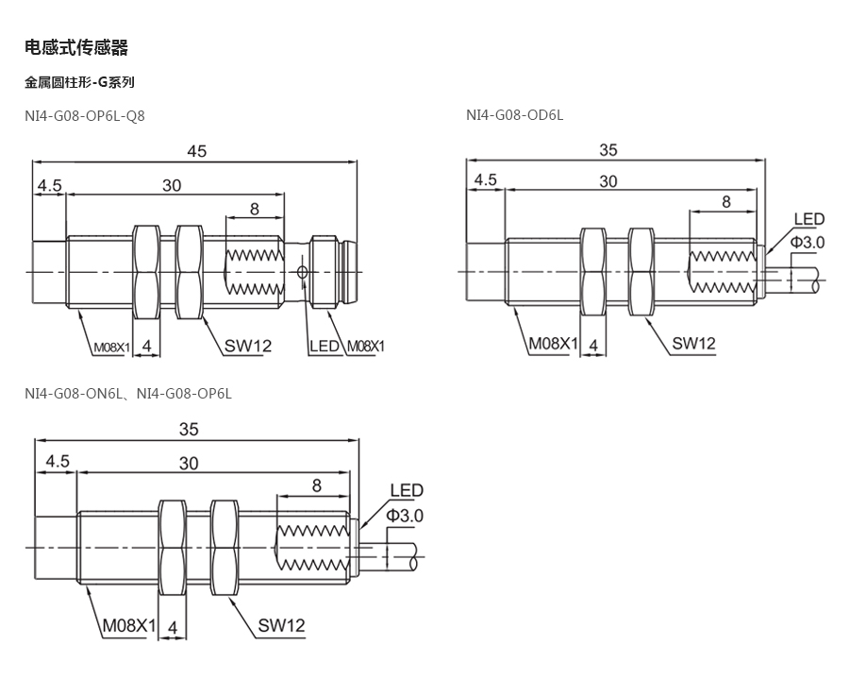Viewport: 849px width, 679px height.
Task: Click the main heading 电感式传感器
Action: tap(76, 47)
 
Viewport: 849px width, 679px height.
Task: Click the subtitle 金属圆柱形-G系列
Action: tap(79, 82)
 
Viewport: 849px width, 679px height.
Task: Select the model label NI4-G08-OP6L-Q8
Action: tap(85, 116)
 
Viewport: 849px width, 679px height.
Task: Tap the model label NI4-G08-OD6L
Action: tap(514, 115)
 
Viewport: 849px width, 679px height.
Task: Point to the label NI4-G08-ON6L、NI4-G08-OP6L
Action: tap(127, 394)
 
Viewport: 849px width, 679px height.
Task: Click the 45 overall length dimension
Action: tap(196, 151)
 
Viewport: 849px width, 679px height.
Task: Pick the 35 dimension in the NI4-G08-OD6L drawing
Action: tap(608, 150)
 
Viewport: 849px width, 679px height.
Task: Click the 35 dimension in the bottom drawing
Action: tap(189, 430)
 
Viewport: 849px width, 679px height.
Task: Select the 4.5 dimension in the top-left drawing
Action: tap(49, 185)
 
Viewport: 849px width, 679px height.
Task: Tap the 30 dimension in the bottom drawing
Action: tap(189, 464)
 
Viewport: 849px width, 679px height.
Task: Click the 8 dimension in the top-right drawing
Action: tap(726, 201)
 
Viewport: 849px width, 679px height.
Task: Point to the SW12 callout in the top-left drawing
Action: tap(248, 346)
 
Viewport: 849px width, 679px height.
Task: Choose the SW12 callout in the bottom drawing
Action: tap(281, 625)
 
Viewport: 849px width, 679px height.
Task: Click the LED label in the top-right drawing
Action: tap(809, 219)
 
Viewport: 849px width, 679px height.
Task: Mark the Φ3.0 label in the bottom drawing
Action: tap(404, 516)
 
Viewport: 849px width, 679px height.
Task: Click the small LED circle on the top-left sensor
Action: tap(302, 271)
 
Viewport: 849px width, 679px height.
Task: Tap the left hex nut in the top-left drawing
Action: tap(146, 272)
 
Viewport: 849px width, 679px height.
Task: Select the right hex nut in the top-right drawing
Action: tap(641, 271)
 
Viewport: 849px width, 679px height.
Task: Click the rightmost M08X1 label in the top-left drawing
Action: tap(365, 347)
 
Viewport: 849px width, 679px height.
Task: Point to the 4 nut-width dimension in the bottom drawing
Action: tap(173, 627)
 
